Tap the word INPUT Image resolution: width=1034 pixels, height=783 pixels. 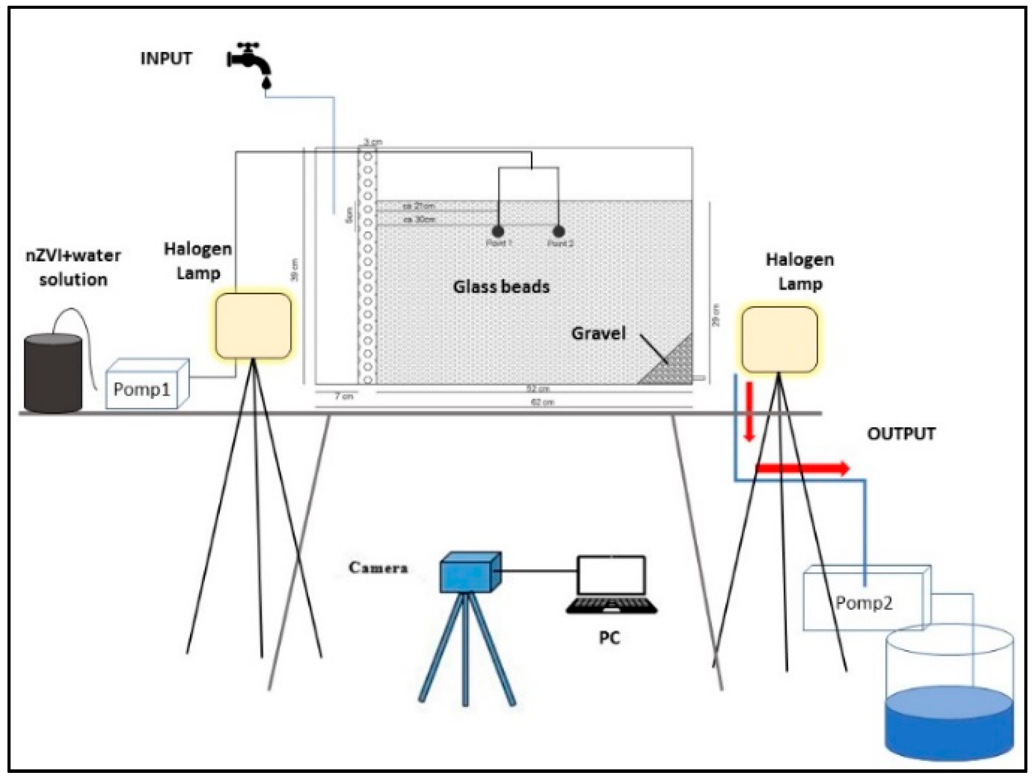pyautogui.click(x=166, y=59)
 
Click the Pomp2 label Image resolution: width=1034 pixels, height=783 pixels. pyautogui.click(x=864, y=603)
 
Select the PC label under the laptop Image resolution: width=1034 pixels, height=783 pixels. pyautogui.click(x=609, y=637)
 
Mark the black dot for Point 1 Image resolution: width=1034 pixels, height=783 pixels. pyautogui.click(x=498, y=231)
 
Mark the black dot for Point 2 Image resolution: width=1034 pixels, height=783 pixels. pyautogui.click(x=558, y=231)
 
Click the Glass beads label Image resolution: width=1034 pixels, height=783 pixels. pyautogui.click(x=501, y=287)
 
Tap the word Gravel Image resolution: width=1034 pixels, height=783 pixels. pyautogui.click(x=598, y=334)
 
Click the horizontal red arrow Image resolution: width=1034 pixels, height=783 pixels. pyautogui.click(x=802, y=468)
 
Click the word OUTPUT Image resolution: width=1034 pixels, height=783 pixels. pyautogui.click(x=901, y=434)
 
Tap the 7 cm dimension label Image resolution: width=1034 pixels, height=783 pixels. pyautogui.click(x=343, y=396)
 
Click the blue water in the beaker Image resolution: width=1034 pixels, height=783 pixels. pyautogui.click(x=949, y=730)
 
